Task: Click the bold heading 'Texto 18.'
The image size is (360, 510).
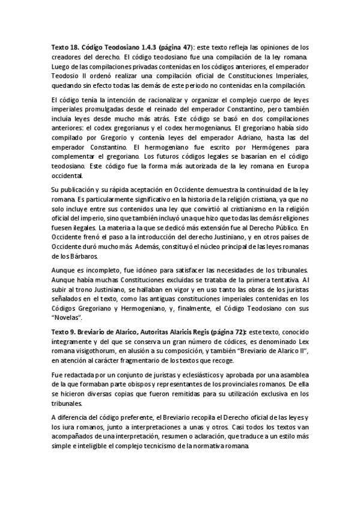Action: tap(65, 47)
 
